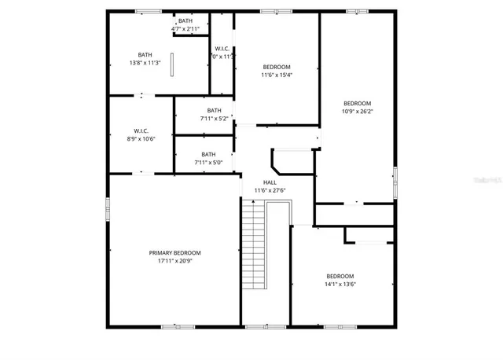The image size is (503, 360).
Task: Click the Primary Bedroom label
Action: point(174,252)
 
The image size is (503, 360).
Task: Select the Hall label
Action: point(270,182)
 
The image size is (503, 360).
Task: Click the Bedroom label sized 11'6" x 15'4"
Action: point(276,67)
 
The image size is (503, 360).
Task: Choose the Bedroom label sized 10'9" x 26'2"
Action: point(357,103)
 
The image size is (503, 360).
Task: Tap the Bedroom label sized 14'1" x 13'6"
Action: point(340,276)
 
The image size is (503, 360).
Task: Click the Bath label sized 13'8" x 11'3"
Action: point(145,55)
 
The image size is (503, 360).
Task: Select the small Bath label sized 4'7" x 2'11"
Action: point(185,21)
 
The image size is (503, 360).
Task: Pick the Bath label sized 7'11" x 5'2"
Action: point(214,110)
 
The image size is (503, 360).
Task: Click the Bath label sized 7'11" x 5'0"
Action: point(208,154)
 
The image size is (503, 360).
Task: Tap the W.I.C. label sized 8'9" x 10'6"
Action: point(141,130)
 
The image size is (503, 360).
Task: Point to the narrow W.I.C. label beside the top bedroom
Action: point(222,49)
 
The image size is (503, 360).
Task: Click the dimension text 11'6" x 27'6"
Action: point(270,190)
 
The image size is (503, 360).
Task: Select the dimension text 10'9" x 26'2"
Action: point(357,112)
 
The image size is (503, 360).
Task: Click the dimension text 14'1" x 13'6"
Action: point(340,284)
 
